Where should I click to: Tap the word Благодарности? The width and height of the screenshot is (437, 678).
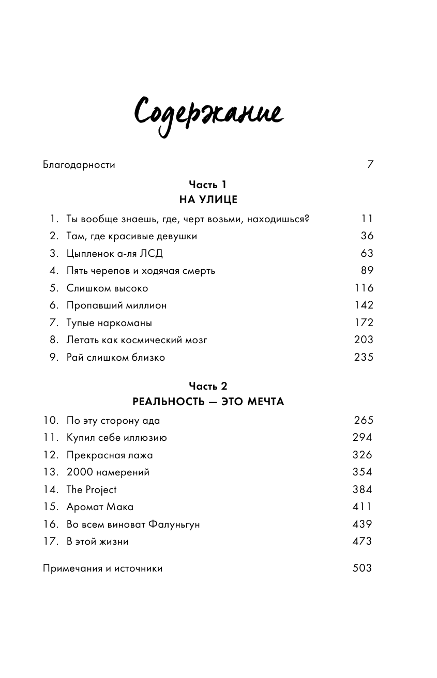(79, 165)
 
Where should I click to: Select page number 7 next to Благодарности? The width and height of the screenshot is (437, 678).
(370, 165)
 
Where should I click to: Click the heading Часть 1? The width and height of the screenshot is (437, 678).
(208, 184)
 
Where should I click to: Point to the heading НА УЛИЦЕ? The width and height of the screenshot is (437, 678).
(208, 199)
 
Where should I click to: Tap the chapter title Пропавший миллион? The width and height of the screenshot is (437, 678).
(116, 305)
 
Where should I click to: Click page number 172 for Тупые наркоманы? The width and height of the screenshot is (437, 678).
(364, 323)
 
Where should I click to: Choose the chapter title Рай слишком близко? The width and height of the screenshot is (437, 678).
(115, 358)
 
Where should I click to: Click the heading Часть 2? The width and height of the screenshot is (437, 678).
(208, 386)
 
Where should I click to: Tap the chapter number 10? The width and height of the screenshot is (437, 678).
(51, 421)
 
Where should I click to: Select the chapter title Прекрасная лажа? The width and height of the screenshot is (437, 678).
(110, 455)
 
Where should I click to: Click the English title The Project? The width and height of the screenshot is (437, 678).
(92, 490)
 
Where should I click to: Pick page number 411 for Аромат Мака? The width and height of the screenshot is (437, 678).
(362, 507)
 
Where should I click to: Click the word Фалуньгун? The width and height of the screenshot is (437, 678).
(174, 525)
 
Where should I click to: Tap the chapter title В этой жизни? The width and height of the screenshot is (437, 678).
(97, 542)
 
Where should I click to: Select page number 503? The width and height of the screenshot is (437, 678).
(362, 568)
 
